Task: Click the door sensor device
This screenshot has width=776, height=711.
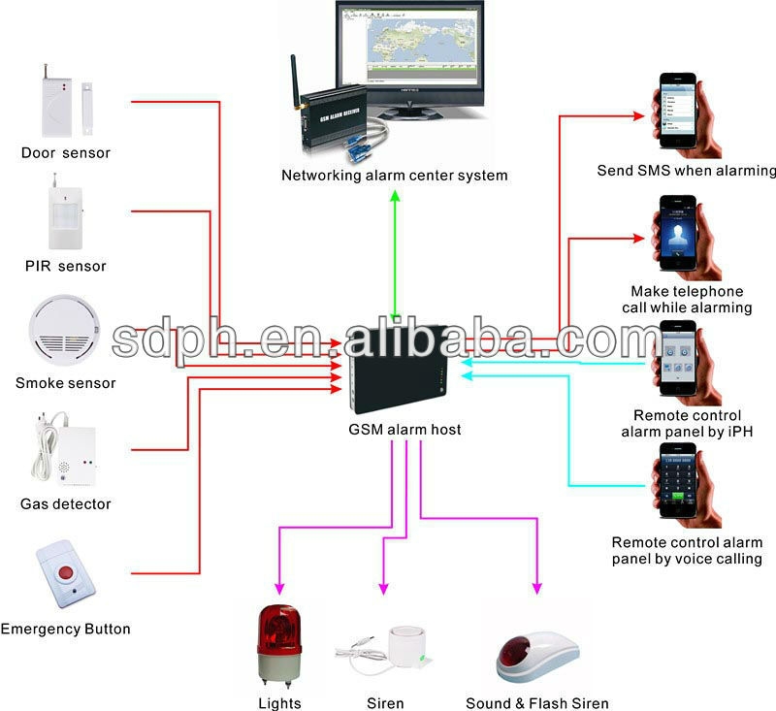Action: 66,102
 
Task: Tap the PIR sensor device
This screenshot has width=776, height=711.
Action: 65,212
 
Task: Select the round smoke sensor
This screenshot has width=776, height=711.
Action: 64,329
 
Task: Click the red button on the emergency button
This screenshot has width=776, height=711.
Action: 66,573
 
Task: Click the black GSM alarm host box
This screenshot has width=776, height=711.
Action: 399,369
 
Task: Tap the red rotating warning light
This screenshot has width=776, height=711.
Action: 279,643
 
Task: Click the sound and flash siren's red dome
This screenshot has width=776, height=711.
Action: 514,652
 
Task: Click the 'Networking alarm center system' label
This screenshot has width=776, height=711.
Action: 395,176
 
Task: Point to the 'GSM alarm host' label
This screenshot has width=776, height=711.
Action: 404,430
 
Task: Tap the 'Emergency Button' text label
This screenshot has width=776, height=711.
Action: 65,629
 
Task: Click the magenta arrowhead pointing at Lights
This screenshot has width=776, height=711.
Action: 279,588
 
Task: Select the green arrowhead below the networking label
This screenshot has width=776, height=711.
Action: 395,196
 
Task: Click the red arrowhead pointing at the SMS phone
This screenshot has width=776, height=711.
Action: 639,116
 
